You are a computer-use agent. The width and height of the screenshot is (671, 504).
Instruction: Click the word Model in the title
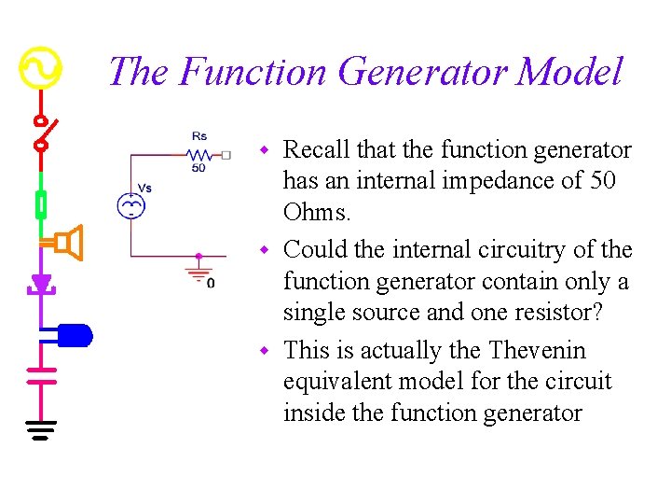pyautogui.click(x=569, y=72)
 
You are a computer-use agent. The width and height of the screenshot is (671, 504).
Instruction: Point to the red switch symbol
pyautogui.click(x=41, y=133)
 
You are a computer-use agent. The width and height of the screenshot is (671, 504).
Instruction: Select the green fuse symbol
pyautogui.click(x=41, y=203)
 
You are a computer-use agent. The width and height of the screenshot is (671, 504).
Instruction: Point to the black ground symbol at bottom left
pyautogui.click(x=41, y=428)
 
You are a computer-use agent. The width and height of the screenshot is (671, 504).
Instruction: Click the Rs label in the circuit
pyautogui.click(x=199, y=136)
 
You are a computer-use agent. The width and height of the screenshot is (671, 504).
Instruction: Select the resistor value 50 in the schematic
pyautogui.click(x=199, y=168)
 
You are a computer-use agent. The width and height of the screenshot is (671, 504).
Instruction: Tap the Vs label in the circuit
pyautogui.click(x=144, y=188)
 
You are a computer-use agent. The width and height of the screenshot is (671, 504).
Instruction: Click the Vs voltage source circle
pyautogui.click(x=130, y=206)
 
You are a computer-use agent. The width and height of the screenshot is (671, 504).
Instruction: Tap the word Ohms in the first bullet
pyautogui.click(x=317, y=213)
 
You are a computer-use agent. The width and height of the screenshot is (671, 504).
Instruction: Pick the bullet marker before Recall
pyautogui.click(x=264, y=150)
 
